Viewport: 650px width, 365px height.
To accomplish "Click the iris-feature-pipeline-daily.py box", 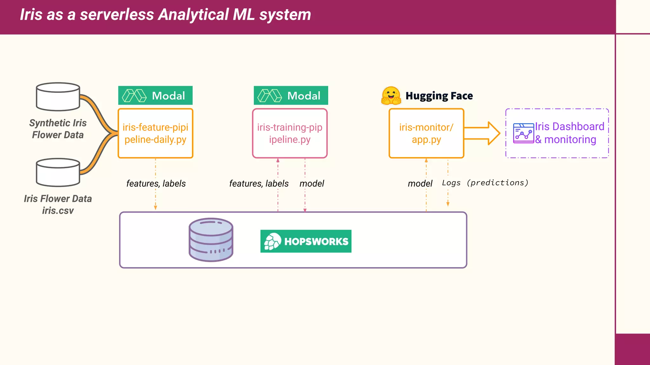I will (155, 133).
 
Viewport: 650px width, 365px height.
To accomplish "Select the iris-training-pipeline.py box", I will (289, 133).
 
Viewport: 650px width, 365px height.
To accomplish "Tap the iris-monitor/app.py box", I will (426, 133).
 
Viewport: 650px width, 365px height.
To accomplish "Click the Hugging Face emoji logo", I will (391, 96).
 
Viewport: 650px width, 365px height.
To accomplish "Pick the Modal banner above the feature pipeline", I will (155, 95).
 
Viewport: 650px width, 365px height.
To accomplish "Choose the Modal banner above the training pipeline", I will (291, 95).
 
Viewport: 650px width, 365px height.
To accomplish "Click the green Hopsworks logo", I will (306, 241).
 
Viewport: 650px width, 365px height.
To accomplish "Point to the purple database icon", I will (211, 240).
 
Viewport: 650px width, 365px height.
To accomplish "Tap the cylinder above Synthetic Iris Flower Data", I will (58, 97).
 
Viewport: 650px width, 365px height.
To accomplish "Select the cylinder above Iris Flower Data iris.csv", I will (58, 172).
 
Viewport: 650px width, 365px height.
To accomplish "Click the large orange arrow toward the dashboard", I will (482, 133).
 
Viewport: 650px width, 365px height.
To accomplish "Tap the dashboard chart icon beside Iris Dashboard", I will (523, 133).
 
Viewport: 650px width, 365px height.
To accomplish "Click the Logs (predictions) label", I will (485, 183).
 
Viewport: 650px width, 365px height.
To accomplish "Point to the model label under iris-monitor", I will (420, 183).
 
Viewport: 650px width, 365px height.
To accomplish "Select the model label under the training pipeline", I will (312, 183).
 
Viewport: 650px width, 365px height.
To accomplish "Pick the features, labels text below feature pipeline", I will (156, 183).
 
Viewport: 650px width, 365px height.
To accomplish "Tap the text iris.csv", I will (58, 211).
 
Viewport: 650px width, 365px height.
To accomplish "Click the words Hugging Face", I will (439, 96).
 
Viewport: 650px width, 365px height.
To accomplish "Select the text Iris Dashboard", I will (569, 126).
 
